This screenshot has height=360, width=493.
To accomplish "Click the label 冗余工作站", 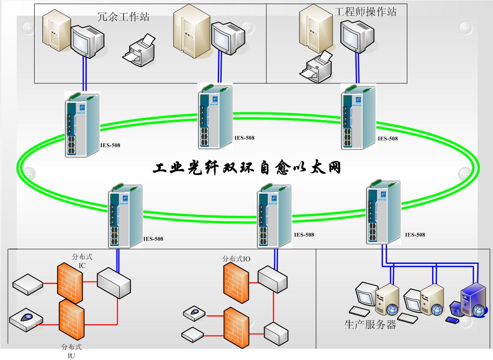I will (123, 17).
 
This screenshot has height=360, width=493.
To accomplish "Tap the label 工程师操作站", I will (365, 11).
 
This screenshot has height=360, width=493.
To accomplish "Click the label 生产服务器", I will (370, 325).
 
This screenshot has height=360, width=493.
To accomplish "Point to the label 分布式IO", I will (237, 259).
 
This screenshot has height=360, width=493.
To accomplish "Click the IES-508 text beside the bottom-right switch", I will (415, 235).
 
